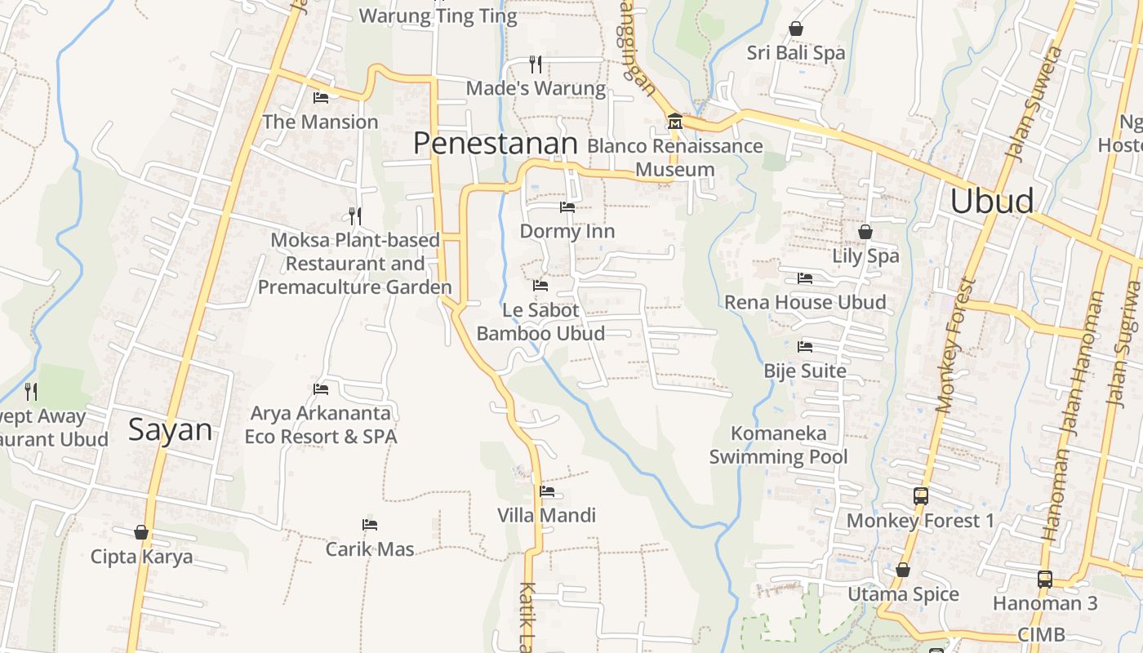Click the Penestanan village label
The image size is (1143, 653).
[x=495, y=144]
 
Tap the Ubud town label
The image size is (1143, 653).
[x=992, y=201]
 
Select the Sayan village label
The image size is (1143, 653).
[x=170, y=430]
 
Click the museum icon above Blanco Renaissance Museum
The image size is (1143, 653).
[x=675, y=122]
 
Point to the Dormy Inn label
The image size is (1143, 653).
[x=567, y=231]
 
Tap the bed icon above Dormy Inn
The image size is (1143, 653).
[x=567, y=207]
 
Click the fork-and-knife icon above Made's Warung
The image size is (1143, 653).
[x=536, y=64]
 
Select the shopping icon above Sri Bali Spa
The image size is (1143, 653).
[x=796, y=29]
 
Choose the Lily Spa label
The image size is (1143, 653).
[x=865, y=255]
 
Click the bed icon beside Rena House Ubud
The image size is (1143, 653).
[x=805, y=278]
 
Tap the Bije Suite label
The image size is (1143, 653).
[x=805, y=371]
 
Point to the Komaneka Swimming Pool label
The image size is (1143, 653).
[x=778, y=445]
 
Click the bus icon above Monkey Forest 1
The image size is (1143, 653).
[x=921, y=495]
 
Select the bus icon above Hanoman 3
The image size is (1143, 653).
[x=1045, y=580]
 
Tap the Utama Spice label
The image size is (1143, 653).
[x=903, y=593]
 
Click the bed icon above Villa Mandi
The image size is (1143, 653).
[x=547, y=491]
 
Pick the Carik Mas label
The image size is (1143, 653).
[x=370, y=549]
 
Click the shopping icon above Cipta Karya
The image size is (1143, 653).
[x=142, y=533]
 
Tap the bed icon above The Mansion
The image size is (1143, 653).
[x=321, y=98]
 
